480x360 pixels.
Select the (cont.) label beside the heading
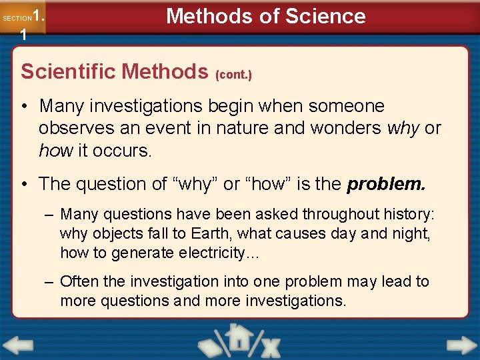pos(233,75)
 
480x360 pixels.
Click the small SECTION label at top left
pos(16,18)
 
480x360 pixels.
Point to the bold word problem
pos(386,183)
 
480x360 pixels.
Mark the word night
pos(411,233)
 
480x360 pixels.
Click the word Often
pos(79,282)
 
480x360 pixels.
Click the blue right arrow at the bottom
pos(461,345)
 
